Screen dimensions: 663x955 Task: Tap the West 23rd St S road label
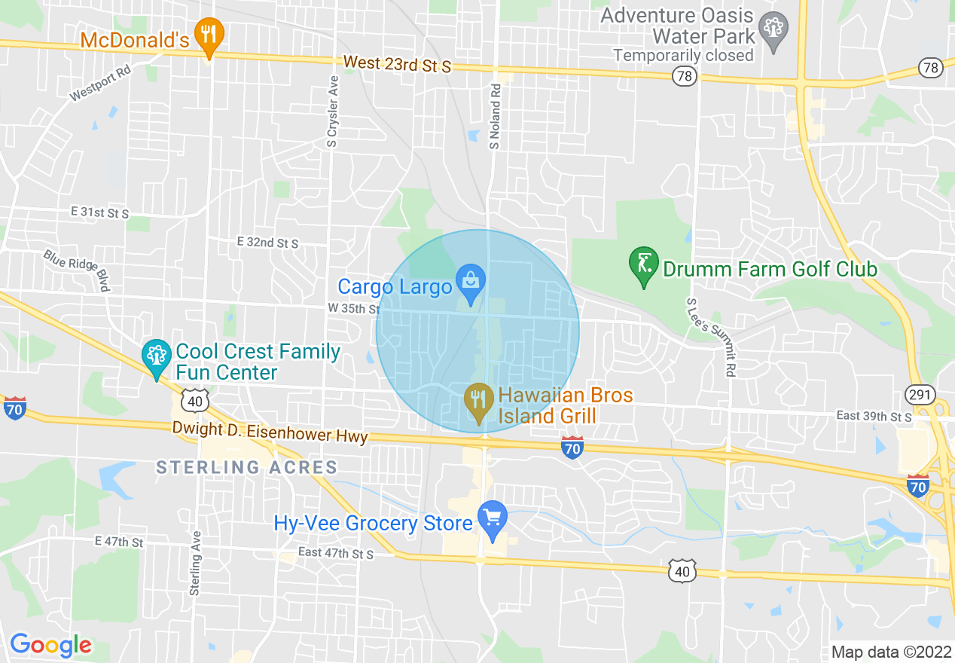point(396,64)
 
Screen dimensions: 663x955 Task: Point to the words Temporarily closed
point(683,55)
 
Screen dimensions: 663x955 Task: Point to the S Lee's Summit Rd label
point(709,337)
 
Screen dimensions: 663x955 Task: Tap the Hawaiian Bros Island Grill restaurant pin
point(477,400)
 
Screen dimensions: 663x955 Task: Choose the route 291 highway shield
point(920,394)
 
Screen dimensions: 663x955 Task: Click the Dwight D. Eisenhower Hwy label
point(270,432)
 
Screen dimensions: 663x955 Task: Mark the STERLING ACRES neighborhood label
point(246,467)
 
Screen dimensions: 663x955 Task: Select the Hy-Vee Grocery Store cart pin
point(493,519)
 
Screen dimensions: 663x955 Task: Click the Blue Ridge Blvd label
point(77,270)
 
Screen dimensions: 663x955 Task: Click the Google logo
point(50,645)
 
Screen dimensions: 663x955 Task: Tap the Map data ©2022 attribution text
point(891,652)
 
